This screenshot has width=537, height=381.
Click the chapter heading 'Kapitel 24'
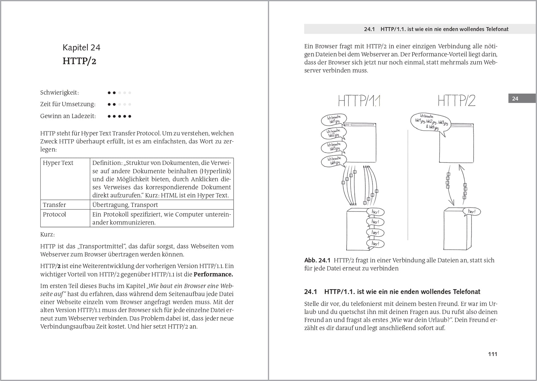[x=81, y=48]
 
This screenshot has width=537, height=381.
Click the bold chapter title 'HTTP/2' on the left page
[x=79, y=61]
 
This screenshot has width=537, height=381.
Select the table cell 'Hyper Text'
[x=58, y=163]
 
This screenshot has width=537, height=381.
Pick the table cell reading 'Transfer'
[x=54, y=205]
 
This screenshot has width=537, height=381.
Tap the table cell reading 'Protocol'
[x=54, y=214]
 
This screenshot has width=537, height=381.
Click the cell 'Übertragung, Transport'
[x=125, y=205]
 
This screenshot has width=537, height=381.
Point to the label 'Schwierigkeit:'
[x=59, y=92]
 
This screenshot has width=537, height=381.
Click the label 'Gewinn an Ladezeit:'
[x=68, y=116]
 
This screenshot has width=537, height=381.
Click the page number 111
[x=492, y=354]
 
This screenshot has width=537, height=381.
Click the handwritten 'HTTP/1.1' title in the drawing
[x=359, y=101]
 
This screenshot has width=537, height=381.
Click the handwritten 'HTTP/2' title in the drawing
[x=457, y=101]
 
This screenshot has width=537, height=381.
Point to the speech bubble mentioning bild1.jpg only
[x=334, y=120]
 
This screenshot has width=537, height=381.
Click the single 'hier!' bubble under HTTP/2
[x=472, y=211]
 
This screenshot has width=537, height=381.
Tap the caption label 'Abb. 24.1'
[x=317, y=260]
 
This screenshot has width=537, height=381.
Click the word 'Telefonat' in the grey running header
[x=497, y=29]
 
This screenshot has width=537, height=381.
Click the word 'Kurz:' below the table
[x=47, y=234]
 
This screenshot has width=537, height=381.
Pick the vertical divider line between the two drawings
[x=408, y=184]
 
